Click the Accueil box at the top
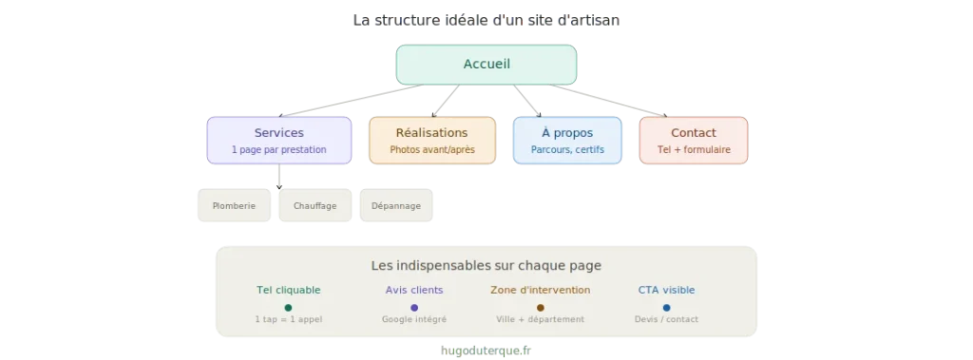pos(486,65)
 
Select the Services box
pos(278,141)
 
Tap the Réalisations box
pos(431,141)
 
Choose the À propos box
pos(566,141)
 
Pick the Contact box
pos(693,141)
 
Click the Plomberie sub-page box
pos(234,206)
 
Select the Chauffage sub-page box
pos(315,206)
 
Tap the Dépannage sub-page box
pos(395,206)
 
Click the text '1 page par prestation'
pos(278,150)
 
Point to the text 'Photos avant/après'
pos(431,150)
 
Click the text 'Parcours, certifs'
pos(566,150)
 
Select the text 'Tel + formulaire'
pos(694,150)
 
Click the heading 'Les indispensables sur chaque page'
pos(486,266)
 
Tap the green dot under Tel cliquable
pos(288,308)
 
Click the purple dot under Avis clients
pos(414,308)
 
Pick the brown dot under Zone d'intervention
pos(540,308)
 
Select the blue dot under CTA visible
pos(666,308)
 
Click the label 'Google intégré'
pos(414,320)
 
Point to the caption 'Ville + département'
pos(540,320)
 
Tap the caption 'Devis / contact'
pos(666,320)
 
